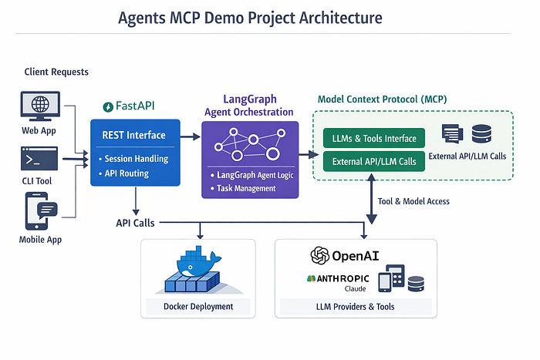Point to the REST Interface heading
(x=133, y=135)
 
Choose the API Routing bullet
(x=127, y=173)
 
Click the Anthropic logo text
(x=338, y=278)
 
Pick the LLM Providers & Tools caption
(x=356, y=307)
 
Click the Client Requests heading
(x=56, y=72)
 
